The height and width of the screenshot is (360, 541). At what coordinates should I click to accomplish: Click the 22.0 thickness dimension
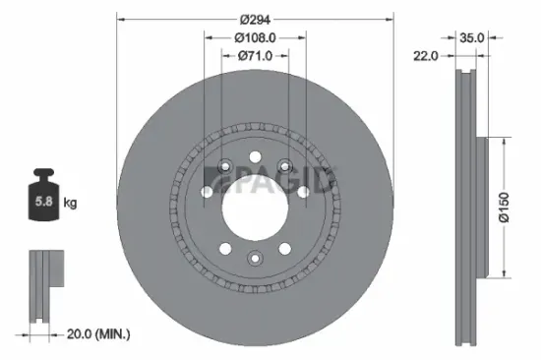pyautogui.click(x=425, y=56)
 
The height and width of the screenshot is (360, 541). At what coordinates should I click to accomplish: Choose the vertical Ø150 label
pyautogui.click(x=502, y=208)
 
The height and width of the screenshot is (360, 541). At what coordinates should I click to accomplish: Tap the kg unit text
pyautogui.click(x=70, y=204)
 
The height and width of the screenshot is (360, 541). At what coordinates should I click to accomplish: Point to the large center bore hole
pyautogui.click(x=254, y=205)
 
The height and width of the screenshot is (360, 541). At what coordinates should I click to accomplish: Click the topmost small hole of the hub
pyautogui.click(x=254, y=154)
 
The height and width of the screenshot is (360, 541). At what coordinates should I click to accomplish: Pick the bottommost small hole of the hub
pyautogui.click(x=254, y=257)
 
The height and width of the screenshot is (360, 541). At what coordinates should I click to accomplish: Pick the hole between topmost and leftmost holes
pyautogui.click(x=225, y=165)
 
